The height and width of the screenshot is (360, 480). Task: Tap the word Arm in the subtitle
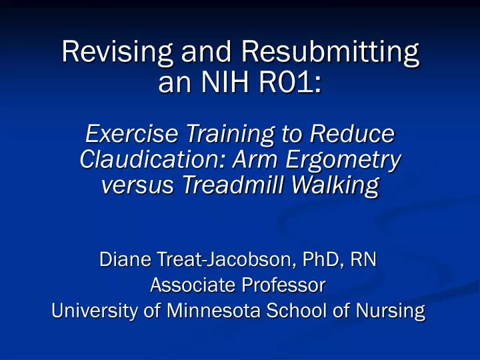(x=253, y=161)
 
